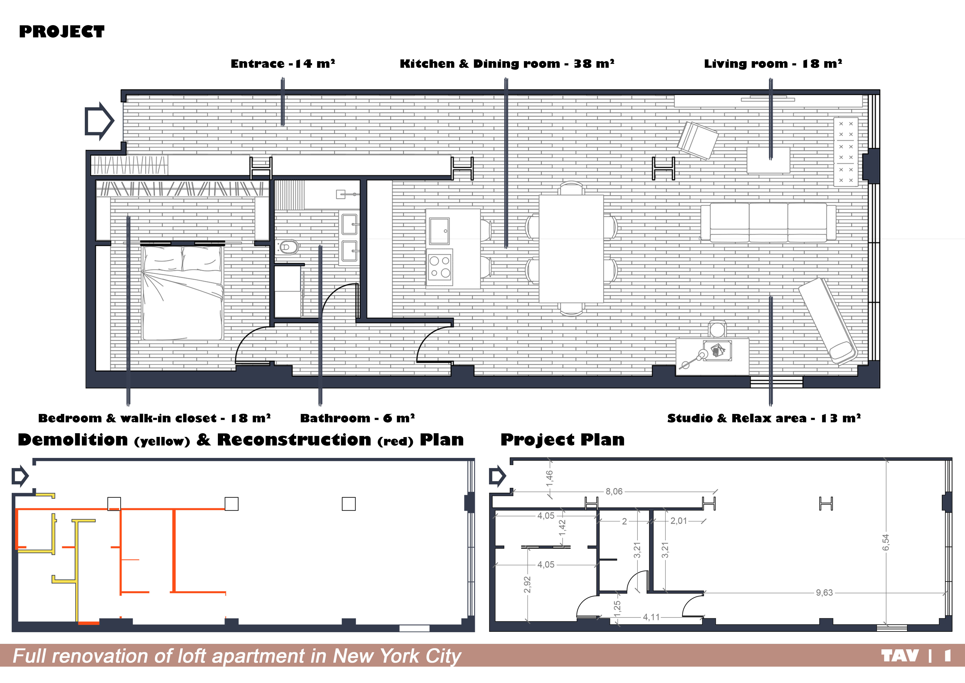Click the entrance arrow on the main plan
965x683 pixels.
[x=100, y=121]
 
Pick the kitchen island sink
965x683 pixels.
[x=439, y=231]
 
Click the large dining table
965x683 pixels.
[x=571, y=249]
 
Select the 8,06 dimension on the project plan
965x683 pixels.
[x=614, y=491]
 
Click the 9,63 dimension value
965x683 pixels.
[x=824, y=593]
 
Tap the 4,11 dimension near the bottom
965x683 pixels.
[x=651, y=617]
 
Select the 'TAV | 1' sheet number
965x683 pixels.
[x=916, y=656]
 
